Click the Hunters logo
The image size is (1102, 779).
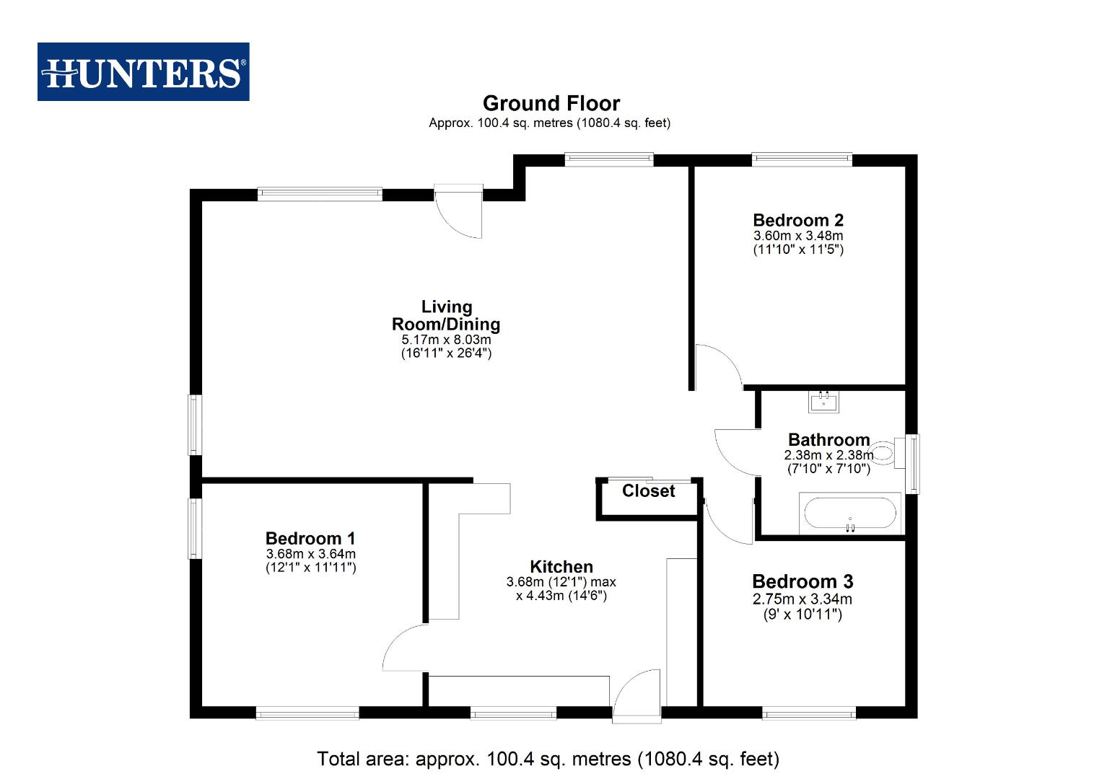tap(144, 71)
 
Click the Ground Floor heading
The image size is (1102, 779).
tap(551, 103)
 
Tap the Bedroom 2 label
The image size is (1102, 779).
tap(797, 220)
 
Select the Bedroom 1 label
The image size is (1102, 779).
tap(310, 538)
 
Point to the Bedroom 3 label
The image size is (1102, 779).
tap(802, 581)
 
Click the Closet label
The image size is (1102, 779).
tap(648, 491)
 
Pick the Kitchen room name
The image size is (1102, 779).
tap(561, 566)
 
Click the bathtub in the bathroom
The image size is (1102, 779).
tap(850, 514)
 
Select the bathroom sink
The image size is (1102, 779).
tap(823, 401)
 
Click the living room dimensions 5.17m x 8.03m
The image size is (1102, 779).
tap(446, 340)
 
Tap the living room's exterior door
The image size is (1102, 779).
tap(459, 211)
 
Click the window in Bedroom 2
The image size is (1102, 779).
tap(801, 159)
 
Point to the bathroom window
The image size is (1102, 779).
tap(913, 463)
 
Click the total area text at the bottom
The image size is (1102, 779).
tap(548, 759)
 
